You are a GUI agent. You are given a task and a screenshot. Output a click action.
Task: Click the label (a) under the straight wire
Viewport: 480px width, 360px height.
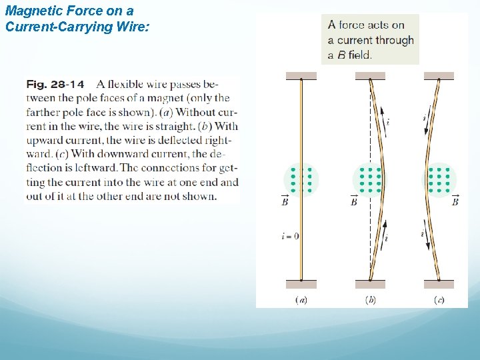[x=301, y=300]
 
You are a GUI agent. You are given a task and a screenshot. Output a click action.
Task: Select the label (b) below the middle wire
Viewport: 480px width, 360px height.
[x=370, y=300]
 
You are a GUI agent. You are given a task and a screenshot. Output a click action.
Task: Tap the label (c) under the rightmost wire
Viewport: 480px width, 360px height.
[x=439, y=300]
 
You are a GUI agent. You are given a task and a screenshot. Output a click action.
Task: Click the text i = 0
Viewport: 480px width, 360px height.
[x=290, y=235]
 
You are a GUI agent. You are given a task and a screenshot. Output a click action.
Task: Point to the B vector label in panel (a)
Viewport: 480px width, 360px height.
[x=285, y=199]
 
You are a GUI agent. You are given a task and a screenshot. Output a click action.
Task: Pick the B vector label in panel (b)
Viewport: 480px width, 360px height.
[x=354, y=199]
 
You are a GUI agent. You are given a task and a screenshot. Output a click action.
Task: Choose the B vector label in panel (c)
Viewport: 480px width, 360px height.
[x=455, y=199]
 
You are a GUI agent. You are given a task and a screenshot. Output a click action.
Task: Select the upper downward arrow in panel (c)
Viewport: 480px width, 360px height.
[x=427, y=125]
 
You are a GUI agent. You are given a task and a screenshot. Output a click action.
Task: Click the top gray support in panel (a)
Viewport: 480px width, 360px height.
[x=301, y=76]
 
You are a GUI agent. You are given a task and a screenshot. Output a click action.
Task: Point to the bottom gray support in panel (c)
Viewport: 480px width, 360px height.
[x=439, y=284]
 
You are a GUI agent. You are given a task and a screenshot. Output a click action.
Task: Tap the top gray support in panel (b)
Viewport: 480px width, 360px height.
[x=371, y=76]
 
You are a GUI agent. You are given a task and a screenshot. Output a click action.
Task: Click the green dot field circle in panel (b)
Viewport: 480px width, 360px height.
[x=370, y=179]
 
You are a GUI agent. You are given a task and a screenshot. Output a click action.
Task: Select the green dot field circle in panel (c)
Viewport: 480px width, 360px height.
[x=439, y=179]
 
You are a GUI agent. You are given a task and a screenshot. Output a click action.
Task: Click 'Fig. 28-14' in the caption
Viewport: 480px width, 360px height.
[x=55, y=85]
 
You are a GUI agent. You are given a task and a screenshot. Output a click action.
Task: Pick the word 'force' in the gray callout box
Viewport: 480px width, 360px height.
[x=351, y=25]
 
